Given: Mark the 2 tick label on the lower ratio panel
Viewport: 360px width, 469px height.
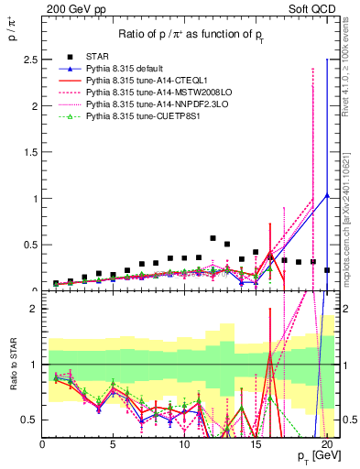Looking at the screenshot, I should pyautogui.click(x=34, y=309).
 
